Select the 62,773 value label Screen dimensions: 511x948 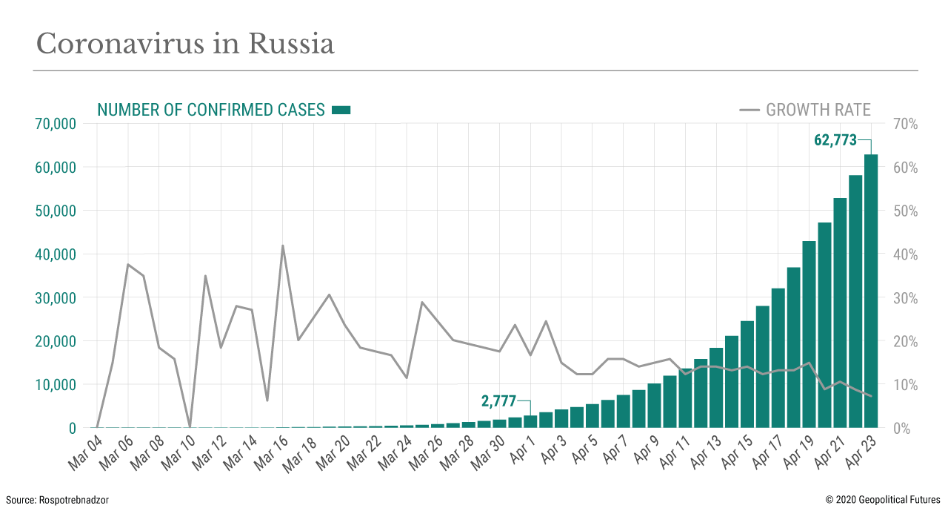[835, 140]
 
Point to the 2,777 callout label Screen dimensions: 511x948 [498, 401]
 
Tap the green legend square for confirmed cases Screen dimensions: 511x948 [341, 110]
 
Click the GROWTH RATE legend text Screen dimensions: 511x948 [818, 111]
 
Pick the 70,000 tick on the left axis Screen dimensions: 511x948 [56, 124]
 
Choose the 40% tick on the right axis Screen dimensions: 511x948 [906, 254]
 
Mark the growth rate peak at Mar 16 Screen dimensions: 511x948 [283, 245]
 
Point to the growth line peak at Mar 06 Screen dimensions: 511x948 [128, 265]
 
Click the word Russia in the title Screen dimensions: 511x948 [291, 44]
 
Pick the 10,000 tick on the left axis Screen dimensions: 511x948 [56, 385]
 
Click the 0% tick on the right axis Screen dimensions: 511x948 [902, 429]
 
